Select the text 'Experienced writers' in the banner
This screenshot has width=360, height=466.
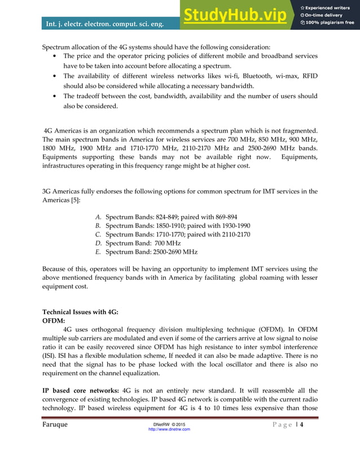[330, 6]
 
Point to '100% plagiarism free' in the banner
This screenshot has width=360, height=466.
[330, 23]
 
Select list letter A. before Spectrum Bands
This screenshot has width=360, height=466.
[99, 217]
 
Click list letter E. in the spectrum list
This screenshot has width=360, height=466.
[99, 252]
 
